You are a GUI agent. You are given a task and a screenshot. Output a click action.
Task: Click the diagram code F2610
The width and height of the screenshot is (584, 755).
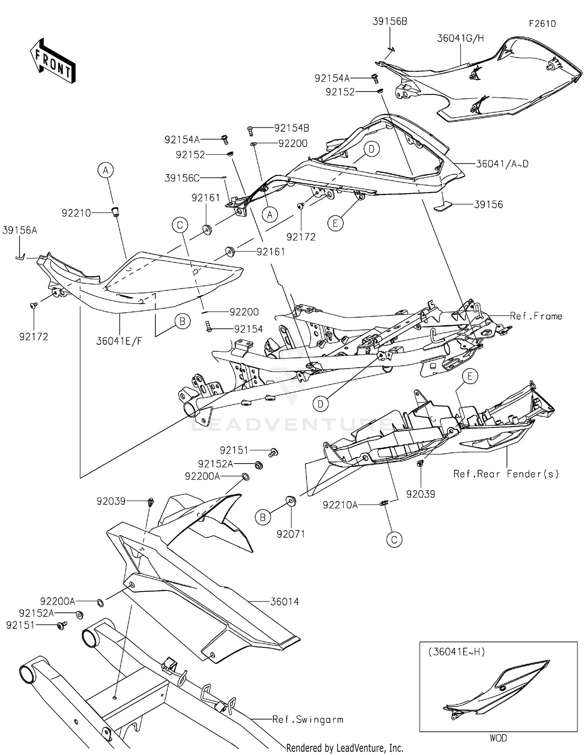[x=542, y=24]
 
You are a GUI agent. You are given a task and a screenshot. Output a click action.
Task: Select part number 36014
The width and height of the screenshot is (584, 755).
[x=285, y=602]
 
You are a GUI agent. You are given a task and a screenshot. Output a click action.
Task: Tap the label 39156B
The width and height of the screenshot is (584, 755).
[x=390, y=22]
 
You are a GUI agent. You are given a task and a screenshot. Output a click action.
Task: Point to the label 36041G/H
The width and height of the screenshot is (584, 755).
[x=460, y=38]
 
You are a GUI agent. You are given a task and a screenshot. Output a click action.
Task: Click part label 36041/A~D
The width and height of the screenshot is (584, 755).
[x=502, y=164]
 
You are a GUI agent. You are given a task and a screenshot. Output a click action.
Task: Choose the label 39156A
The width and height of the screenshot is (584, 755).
[x=19, y=230]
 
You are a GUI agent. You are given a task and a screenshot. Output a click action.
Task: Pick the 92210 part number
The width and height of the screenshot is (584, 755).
[x=76, y=213]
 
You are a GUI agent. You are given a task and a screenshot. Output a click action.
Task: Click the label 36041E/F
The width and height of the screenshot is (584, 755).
[x=119, y=341]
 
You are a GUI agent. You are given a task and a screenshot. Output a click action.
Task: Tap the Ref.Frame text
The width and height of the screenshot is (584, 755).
[x=536, y=316]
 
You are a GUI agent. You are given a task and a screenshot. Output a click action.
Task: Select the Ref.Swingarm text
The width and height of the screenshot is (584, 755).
[x=308, y=720]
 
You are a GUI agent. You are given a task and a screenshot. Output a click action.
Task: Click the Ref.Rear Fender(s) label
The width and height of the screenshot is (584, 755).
[x=506, y=474]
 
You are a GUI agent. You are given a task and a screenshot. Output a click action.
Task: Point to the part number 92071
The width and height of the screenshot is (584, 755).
[x=290, y=534]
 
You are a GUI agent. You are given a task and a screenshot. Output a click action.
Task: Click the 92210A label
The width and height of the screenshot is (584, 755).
[x=340, y=505]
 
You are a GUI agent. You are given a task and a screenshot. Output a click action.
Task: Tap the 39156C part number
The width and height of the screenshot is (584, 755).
[x=182, y=178]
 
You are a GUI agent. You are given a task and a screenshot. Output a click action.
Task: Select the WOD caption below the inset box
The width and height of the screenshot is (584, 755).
[x=498, y=738]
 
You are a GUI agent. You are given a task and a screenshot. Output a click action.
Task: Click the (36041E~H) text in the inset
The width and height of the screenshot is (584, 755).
[x=457, y=652]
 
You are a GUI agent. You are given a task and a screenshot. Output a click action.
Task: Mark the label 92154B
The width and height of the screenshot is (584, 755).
[x=292, y=128]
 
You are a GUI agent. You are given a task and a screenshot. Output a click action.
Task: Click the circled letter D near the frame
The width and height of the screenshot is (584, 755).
[x=320, y=404]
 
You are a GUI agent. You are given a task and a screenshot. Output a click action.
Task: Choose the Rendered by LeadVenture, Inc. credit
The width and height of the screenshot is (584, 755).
[x=345, y=748]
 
